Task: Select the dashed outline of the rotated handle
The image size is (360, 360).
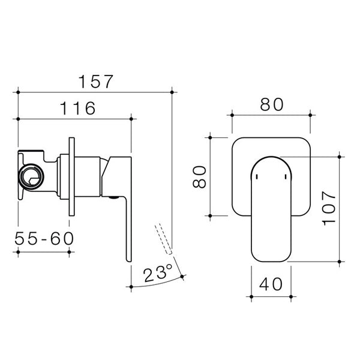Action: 163,238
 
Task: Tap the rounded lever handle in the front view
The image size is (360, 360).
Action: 270,210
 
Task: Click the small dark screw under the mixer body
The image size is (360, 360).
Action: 113,196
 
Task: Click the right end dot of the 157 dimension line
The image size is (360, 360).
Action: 172,91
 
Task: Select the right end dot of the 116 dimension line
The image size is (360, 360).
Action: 131,119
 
